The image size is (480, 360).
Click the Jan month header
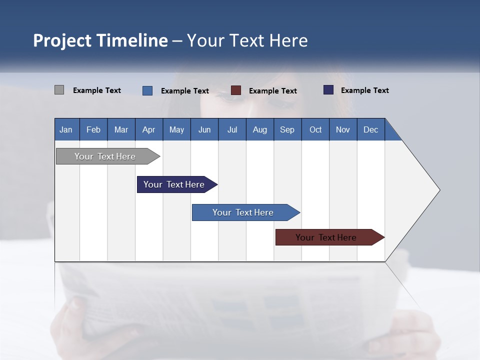(66, 129)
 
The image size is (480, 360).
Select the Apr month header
(149, 129)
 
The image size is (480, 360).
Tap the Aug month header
(259, 129)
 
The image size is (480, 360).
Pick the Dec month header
(370, 129)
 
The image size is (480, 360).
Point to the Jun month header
(204, 129)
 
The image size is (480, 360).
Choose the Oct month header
(315, 129)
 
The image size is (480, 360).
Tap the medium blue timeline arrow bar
(243, 212)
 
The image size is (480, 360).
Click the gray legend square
(59, 90)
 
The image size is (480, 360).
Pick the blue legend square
(147, 90)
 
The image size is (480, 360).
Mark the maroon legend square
(236, 90)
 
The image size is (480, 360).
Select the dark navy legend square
(328, 90)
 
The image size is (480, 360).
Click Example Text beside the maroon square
(272, 90)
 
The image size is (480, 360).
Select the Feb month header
(93, 129)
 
